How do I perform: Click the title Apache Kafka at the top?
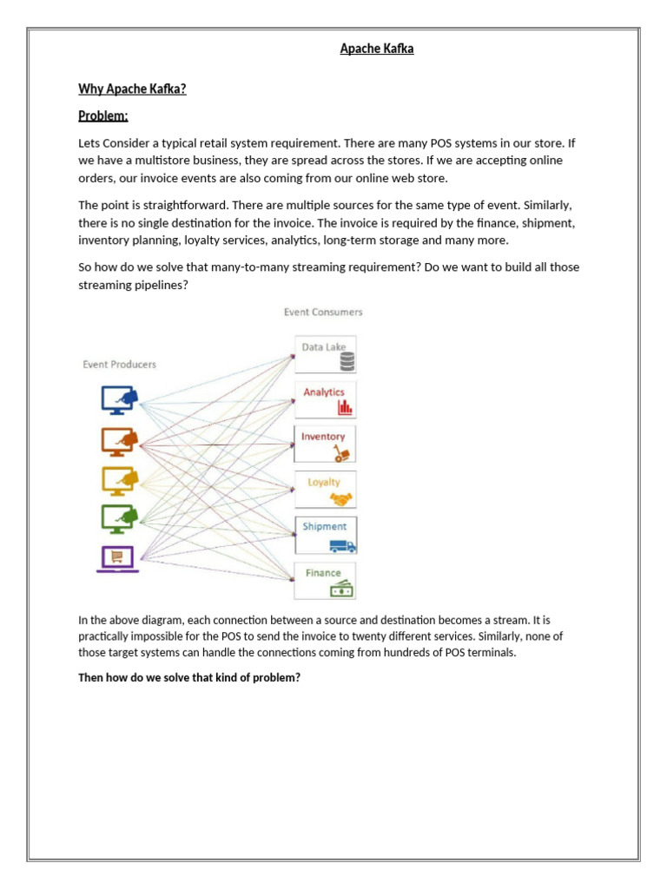376,49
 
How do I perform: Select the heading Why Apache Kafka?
132,89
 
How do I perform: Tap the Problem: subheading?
102,115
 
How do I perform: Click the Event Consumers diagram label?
323,312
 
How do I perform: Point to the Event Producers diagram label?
119,365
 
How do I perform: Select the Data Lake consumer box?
326,354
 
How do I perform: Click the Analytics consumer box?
326,399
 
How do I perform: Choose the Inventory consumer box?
326,444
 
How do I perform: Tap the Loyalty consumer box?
326,489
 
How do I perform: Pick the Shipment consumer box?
326,534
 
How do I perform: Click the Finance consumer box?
326,580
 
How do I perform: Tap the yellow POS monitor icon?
119,480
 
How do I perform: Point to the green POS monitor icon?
119,518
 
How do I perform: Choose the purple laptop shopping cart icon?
116,557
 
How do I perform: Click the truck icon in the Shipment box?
342,546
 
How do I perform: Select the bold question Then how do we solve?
189,677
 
